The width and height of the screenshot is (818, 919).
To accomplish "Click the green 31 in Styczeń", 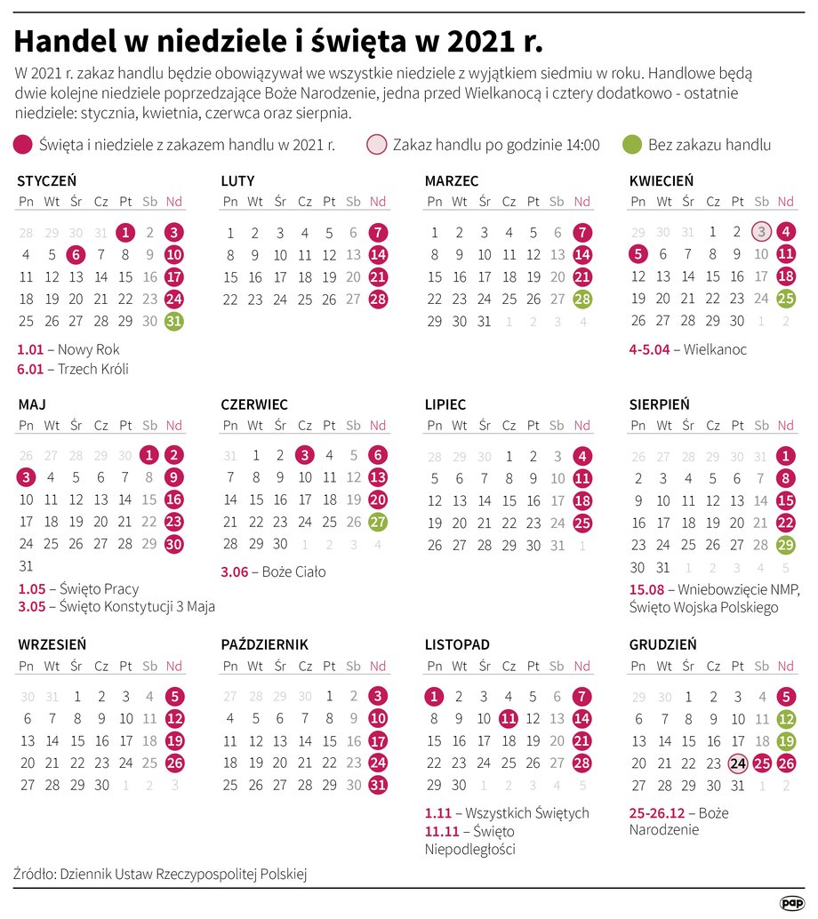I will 174,321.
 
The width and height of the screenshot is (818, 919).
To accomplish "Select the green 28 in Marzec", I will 582,299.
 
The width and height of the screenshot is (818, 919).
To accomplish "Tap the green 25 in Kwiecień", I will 786,299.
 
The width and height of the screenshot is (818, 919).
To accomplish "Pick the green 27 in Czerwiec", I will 378,522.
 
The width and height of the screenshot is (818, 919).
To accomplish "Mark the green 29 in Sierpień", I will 786,545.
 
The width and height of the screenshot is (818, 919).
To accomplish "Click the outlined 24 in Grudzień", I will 737,763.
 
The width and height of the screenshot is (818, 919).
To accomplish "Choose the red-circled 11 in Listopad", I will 509,718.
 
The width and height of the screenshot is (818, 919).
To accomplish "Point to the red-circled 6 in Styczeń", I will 76,254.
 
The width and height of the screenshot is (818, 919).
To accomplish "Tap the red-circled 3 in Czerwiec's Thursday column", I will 305,455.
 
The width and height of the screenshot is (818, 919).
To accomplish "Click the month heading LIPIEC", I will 445,404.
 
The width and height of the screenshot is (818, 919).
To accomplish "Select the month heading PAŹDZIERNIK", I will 265,644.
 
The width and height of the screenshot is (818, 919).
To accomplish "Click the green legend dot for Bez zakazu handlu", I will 632,145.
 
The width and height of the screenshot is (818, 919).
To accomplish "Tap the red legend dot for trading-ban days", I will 24,145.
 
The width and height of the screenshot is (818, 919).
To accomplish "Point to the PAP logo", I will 791,902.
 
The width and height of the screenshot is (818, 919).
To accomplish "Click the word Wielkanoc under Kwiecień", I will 715,349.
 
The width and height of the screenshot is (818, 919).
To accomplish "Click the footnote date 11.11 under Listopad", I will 442,831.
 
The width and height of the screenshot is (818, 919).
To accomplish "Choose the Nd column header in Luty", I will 378,202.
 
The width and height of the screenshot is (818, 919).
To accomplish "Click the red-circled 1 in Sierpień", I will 786,456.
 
